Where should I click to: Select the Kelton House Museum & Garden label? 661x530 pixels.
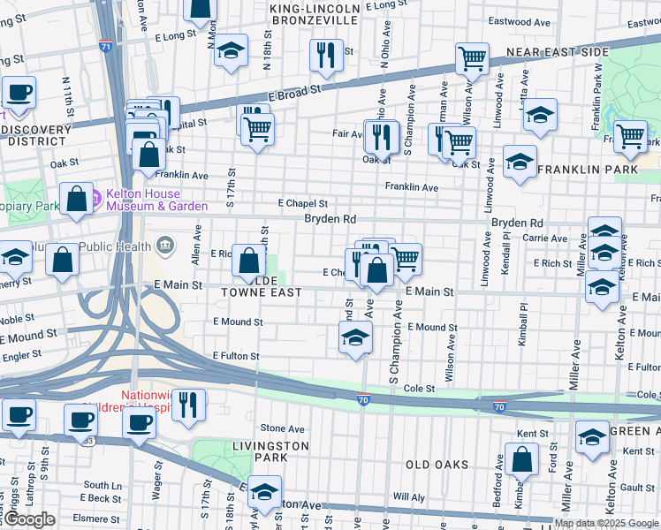[x=156, y=200]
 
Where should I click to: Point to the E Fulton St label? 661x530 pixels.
[x=236, y=356]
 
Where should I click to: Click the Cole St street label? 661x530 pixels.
[x=420, y=389]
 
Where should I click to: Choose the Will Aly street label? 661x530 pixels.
[x=409, y=497]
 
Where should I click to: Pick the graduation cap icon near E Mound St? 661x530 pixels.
[x=355, y=337]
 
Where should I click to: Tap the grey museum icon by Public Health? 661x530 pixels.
[x=165, y=244]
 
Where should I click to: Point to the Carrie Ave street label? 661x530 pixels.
[x=544, y=238]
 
